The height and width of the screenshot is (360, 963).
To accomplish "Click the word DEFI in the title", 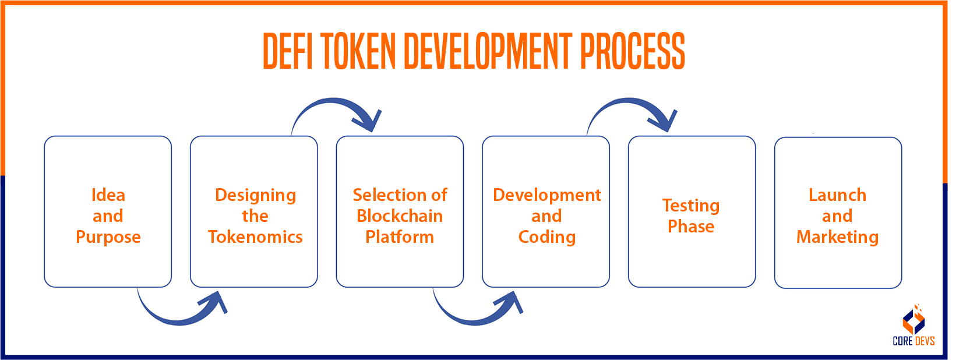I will coord(288,51).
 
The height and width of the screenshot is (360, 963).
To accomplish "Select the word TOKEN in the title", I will coord(358,51).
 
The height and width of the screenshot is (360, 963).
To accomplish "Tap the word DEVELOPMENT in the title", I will coord(488,51).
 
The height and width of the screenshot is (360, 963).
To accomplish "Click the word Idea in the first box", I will coord(108,195).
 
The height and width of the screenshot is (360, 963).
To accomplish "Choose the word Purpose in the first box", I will coord(108,237).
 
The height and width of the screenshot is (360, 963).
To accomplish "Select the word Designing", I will coord(255,195).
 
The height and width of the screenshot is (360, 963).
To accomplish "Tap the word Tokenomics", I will coord(255,237).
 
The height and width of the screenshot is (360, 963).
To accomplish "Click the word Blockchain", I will coord(400,216).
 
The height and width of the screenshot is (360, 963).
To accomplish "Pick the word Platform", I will coord(400,237).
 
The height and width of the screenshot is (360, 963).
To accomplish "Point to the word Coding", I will coord(546,237).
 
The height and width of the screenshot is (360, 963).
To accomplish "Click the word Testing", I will coord(691,206).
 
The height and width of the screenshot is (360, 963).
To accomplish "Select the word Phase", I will coord(691,226).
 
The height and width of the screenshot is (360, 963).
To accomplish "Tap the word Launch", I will coord(837,195).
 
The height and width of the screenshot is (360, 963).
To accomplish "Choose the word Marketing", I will coord(837,237).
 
